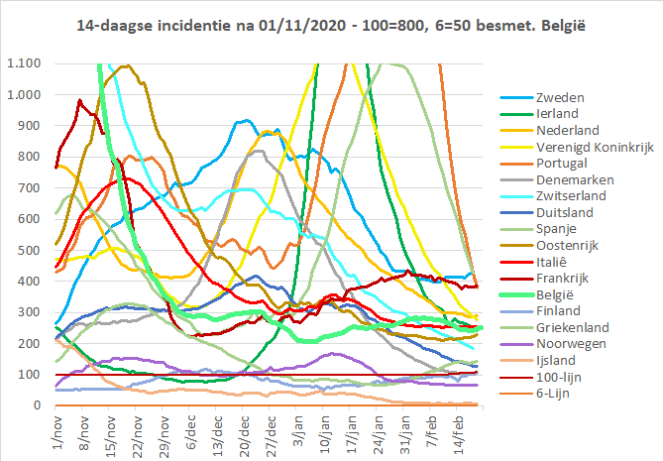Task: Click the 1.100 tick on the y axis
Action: pyautogui.click(x=22, y=63)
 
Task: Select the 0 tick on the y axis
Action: pyautogui.click(x=36, y=405)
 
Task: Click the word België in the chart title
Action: pyautogui.click(x=561, y=22)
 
